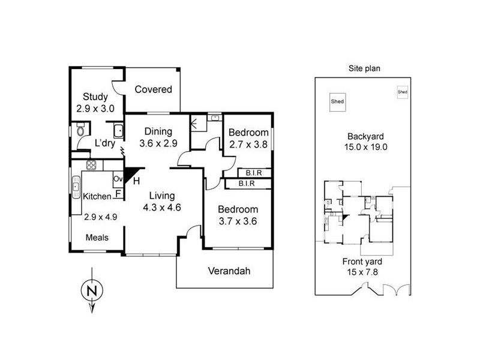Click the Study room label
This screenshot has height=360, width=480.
pos(95,97)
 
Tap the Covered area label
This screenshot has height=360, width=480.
pos(153,89)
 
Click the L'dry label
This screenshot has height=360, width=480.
pos(105,143)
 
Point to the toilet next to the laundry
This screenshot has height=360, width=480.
pos(80,131)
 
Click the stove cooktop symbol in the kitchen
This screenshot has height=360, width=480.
pos(92,165)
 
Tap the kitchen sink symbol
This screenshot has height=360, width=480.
pos(76,186)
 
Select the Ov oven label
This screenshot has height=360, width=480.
pos(118,178)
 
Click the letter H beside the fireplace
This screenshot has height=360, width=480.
pos(136,180)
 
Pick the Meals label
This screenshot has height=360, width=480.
pos(97,238)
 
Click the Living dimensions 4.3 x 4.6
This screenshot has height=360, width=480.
pos(162,208)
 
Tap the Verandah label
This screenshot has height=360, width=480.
pos(229,271)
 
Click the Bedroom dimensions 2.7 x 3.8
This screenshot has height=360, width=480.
pos(248,144)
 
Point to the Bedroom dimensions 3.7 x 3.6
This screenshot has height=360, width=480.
pos(238,221)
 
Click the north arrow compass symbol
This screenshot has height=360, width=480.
pos(90,291)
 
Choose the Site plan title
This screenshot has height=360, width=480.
pos(364,68)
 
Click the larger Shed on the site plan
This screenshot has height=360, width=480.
pos(337,101)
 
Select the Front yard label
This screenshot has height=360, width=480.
pos(362,262)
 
